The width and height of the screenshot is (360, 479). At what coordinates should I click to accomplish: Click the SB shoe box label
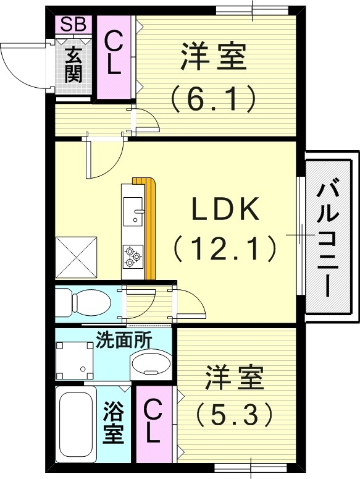(x=73, y=25)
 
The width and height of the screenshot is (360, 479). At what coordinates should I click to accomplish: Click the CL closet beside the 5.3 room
(x=153, y=420)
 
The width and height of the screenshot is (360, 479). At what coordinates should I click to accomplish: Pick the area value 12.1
(x=224, y=248)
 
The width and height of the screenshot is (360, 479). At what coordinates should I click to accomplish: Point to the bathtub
(x=77, y=424)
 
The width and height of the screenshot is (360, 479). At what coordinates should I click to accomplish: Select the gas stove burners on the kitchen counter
(x=133, y=255)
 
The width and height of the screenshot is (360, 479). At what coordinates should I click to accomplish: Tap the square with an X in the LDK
(x=77, y=256)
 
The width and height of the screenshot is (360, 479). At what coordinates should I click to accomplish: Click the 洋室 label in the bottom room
(x=234, y=378)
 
